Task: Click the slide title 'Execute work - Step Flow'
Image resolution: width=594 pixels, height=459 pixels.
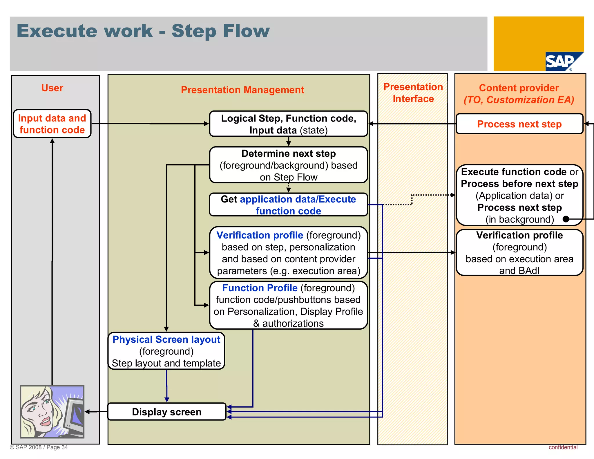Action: point(143,31)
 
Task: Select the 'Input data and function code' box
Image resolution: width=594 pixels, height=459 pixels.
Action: point(52,124)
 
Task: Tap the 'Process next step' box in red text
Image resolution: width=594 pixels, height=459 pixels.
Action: point(519,124)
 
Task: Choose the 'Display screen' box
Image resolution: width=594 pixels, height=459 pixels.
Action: point(166,412)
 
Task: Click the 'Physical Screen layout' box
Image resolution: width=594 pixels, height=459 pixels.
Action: point(166,351)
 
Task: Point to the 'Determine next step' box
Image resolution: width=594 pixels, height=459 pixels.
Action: point(288,165)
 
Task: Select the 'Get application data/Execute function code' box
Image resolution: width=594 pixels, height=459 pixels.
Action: point(288,205)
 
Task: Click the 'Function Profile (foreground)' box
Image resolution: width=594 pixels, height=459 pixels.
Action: point(288,305)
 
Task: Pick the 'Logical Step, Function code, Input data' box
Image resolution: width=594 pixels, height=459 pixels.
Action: point(288,124)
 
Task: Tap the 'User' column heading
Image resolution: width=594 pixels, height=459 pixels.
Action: point(52,88)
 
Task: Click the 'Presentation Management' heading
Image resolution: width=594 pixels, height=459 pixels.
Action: point(242,90)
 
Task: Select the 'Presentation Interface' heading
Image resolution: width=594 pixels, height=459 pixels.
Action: point(413,93)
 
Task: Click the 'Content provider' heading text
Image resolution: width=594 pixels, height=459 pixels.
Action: point(519,88)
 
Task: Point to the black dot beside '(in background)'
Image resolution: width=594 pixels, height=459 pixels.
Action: point(566,219)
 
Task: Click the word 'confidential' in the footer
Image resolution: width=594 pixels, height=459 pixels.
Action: point(563,447)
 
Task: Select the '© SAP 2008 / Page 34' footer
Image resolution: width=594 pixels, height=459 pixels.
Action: point(39,447)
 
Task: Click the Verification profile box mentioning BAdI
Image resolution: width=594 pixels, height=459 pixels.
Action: point(519,252)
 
